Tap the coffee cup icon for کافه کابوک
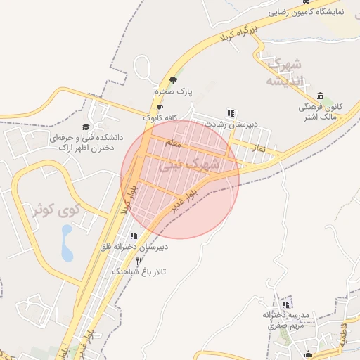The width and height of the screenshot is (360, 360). click(160, 107)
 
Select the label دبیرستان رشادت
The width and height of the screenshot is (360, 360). click(230, 124)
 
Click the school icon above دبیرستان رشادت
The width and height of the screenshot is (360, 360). click(231, 112)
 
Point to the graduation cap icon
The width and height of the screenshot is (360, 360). click(86, 127)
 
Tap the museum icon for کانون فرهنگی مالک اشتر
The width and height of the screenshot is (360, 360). click(321, 96)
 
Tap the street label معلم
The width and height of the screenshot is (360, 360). click(173, 143)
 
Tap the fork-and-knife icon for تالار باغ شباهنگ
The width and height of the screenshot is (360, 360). click(139, 261)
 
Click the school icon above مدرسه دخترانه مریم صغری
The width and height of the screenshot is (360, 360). click(286, 304)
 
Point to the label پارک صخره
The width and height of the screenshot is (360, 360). click(174, 91)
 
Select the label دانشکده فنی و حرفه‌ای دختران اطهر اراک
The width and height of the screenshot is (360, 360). click(80, 143)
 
